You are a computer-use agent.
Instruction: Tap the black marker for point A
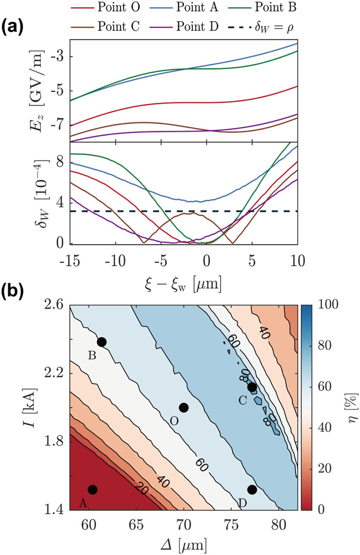coord(93,490)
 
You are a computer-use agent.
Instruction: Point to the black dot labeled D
coord(252,490)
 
